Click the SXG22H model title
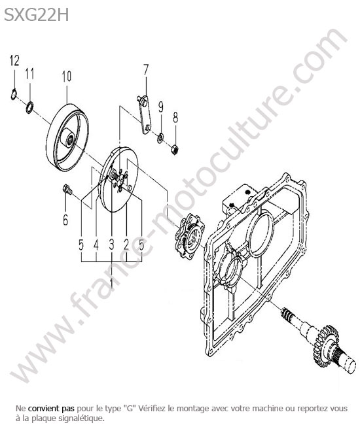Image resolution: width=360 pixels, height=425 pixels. pos(37,15)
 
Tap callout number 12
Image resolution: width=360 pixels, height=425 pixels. pos(14,60)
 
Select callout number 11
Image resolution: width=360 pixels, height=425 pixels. pos(30,74)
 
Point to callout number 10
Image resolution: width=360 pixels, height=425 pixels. pos(67,76)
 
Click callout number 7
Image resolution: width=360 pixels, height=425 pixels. pos(146,70)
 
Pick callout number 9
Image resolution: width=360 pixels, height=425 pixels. pos(161,107)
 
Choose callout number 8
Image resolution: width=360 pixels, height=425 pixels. pos(175,118)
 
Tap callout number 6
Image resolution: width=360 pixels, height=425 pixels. pos(65,220)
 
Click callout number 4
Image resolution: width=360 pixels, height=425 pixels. pos(96,245)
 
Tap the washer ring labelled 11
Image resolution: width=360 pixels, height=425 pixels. pos(29,108)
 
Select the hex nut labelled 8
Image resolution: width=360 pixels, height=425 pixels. pos(175,149)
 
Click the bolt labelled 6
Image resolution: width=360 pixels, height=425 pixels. pos(67,189)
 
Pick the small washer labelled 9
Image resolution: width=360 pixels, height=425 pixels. pos(160,138)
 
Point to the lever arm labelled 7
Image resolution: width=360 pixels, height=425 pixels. pos(143,114)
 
